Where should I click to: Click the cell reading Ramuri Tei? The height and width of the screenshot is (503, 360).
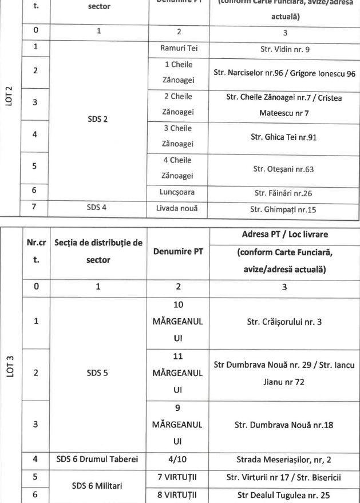179,49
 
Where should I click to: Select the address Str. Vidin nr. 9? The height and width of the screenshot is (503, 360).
284,49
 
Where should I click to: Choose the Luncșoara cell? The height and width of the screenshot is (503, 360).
179,193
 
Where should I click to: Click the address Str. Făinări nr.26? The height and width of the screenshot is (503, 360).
284,193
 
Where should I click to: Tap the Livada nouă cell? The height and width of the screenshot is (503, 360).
179,208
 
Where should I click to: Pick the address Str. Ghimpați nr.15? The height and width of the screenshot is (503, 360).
284,208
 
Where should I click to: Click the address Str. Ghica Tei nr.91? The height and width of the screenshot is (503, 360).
284,137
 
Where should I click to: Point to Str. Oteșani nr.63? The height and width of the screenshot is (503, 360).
284,169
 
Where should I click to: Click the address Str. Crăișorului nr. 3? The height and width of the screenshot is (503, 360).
284,322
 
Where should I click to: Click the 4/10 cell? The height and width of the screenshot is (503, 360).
179,458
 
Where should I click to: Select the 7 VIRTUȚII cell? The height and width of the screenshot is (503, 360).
179,473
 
